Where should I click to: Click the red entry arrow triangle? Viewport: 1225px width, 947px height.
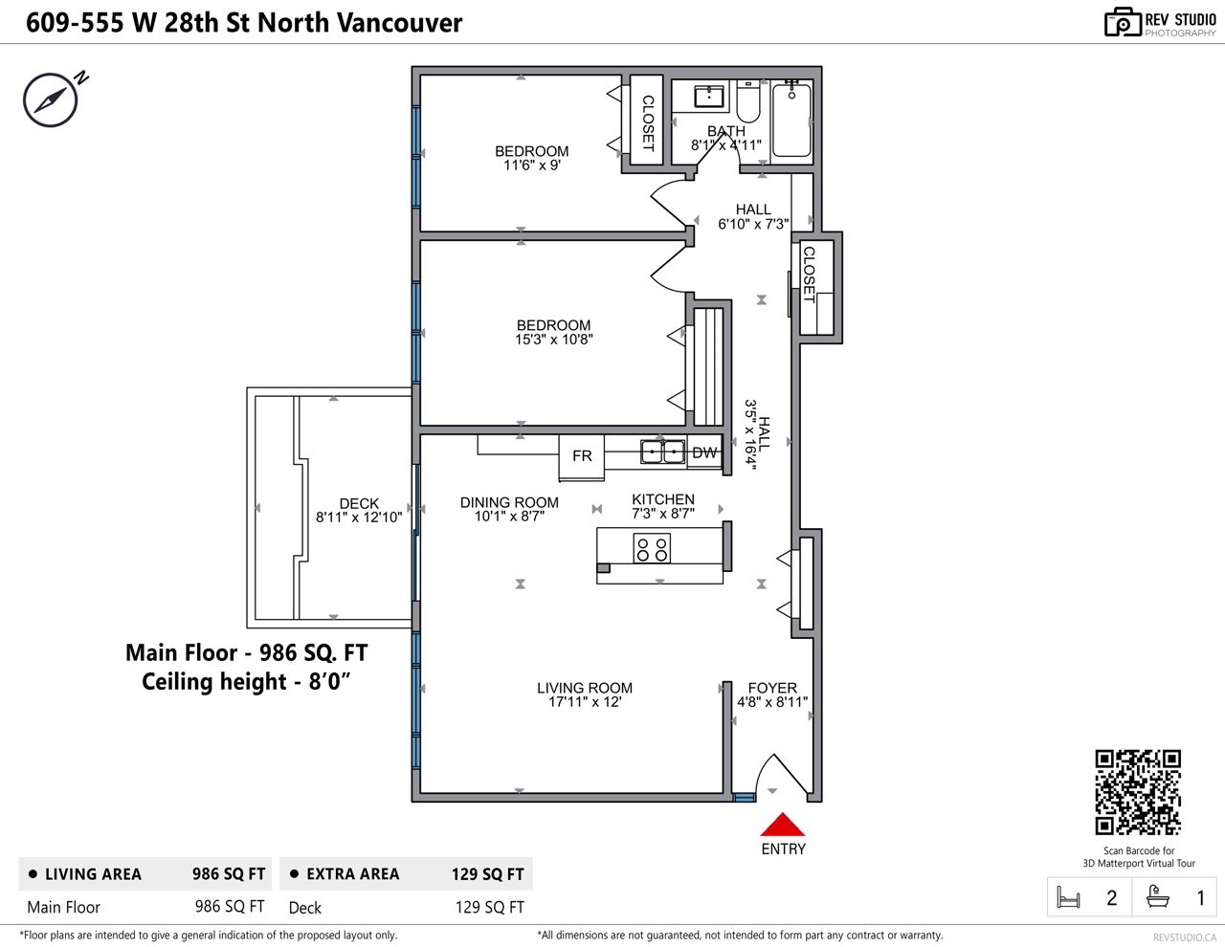[x=783, y=825]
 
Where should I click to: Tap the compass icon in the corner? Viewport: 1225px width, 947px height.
[x=51, y=99]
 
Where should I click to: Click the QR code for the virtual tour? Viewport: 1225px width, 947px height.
[x=1138, y=793]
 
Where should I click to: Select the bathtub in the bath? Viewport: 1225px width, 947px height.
[x=791, y=120]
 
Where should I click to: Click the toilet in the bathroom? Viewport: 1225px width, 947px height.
[x=748, y=101]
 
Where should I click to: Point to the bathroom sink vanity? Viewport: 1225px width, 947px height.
[x=708, y=97]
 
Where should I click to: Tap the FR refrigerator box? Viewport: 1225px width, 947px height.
[x=581, y=457]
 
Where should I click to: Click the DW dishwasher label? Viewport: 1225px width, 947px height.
[x=704, y=453]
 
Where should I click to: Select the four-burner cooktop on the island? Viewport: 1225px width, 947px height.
[x=652, y=548]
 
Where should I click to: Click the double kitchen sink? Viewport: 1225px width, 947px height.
[x=662, y=451]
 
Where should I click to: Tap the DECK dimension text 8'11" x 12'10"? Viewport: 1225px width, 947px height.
[x=359, y=518]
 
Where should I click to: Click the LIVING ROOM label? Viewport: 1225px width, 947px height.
[x=584, y=688]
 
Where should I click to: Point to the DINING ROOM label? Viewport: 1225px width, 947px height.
[x=509, y=502]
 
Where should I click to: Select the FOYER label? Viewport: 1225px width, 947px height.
[x=772, y=688]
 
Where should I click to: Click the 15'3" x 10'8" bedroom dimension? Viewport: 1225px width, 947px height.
[x=553, y=340]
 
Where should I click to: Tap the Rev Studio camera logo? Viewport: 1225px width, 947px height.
[x=1123, y=23]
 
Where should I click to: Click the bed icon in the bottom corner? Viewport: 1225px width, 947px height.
[x=1068, y=898]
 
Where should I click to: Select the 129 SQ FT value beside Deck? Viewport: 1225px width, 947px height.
[x=489, y=907]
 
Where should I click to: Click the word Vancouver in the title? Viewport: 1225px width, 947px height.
[x=400, y=23]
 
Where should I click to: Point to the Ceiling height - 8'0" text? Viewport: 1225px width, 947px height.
[x=246, y=682]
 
